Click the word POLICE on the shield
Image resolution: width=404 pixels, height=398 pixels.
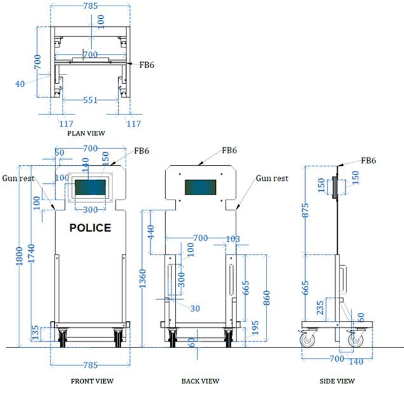90,228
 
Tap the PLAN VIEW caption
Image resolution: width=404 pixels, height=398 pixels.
86,133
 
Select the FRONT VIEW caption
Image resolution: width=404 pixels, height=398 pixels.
92,381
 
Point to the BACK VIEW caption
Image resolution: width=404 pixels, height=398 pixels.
200,381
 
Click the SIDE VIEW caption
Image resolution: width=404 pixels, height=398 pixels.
337,381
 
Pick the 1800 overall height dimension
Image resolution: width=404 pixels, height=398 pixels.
19,256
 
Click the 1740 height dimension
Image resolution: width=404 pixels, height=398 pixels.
31,253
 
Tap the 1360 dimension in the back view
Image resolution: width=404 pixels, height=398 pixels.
143,278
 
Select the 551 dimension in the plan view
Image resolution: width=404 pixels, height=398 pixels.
90,100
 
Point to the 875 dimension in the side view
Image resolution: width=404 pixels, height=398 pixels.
305,210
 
